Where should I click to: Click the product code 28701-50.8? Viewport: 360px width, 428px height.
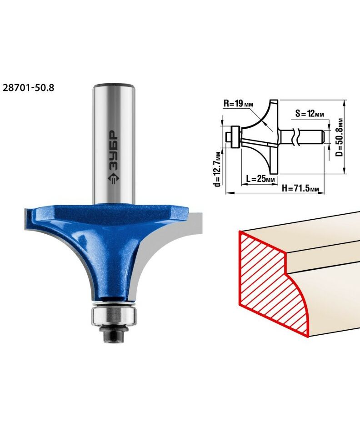click(28, 88)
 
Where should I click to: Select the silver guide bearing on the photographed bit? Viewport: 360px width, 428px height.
click(114, 316)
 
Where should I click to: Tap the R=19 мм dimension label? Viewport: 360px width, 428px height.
click(238, 104)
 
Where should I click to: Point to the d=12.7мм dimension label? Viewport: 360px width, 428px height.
click(217, 169)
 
